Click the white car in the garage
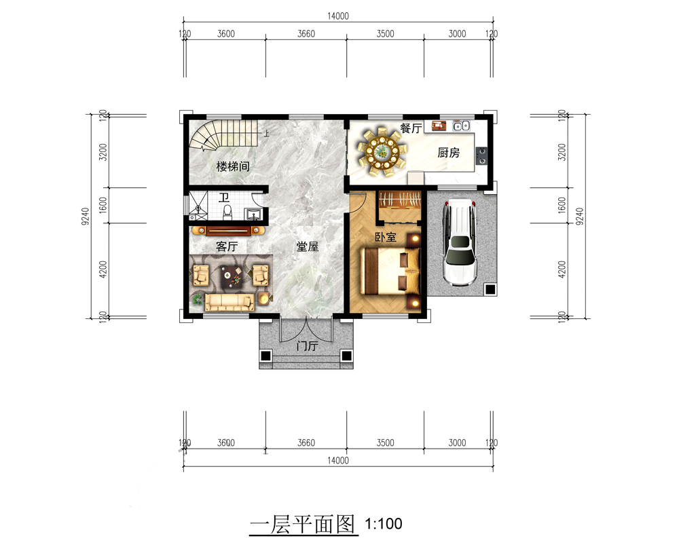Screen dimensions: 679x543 pos(460,242)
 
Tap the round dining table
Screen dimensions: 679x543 pos(382,151)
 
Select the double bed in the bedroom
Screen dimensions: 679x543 pos(390,271)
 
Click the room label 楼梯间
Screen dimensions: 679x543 pos(233,166)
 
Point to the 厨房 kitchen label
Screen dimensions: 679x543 pos(448,153)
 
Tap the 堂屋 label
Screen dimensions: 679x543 pos(307,246)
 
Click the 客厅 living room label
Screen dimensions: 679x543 pos(227,246)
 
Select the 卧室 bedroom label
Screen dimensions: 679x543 pos(386,237)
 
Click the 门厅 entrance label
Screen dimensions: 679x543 pos(307,346)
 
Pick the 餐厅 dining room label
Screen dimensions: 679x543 pos(411,128)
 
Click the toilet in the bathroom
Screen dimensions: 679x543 pos(227,212)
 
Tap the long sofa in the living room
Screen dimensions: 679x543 pos(229,302)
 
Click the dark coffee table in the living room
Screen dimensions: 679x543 pos(231,277)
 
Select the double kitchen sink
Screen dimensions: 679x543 pos(461,126)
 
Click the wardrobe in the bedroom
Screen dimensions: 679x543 pos(400,200)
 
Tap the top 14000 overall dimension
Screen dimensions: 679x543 pos(337,16)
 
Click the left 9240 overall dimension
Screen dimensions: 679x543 pos(86,216)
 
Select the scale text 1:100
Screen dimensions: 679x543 pos(384,524)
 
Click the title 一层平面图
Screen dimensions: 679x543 pos(303,525)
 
